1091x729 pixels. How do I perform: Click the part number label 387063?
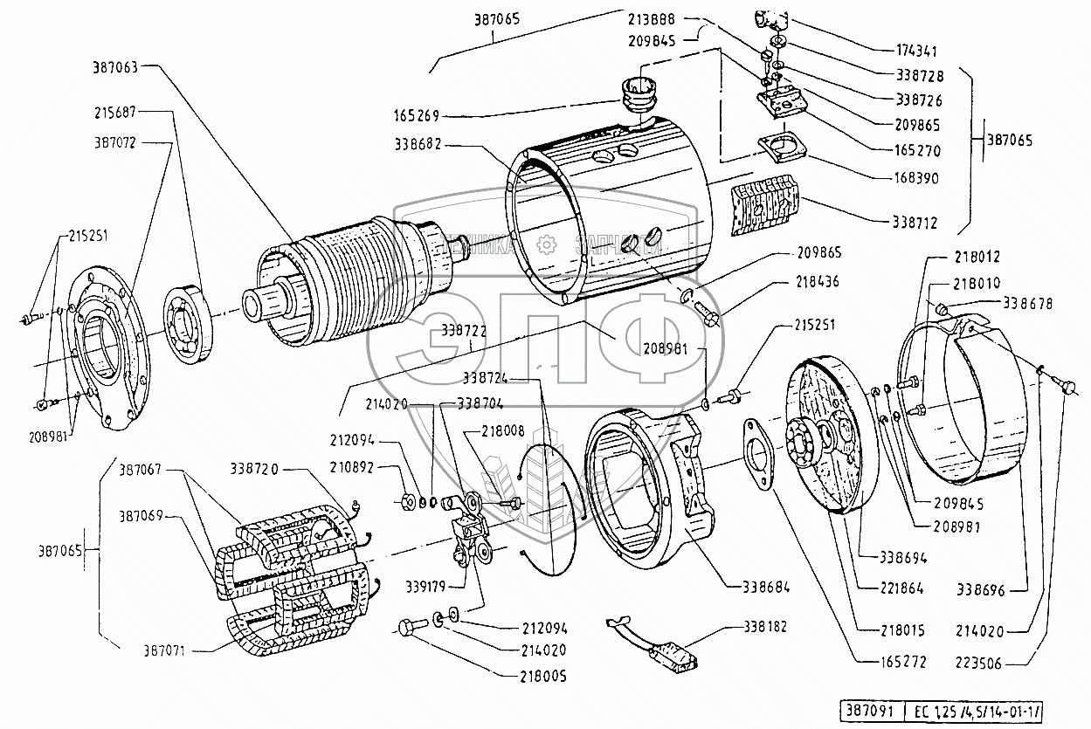coord(115,65)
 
